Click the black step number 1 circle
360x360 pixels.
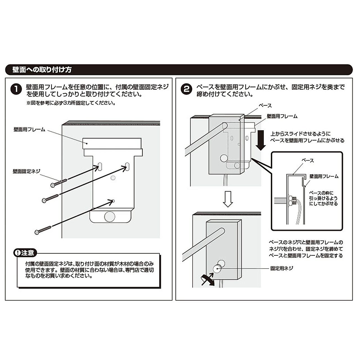click(16, 89)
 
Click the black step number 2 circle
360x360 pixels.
click(186, 89)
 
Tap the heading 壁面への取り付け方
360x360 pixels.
click(42, 70)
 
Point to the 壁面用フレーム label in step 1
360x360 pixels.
click(29, 130)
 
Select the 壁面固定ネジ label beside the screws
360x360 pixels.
click(26, 171)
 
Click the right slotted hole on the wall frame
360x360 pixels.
click(127, 166)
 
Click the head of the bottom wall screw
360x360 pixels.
click(36, 232)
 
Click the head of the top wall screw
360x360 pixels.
click(53, 185)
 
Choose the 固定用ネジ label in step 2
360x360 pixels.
click(282, 268)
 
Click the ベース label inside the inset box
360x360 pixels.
click(308, 161)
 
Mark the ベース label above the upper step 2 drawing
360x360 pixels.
click(265, 105)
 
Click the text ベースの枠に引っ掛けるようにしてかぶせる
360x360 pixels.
click(323, 198)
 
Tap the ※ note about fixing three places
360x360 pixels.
click(71, 103)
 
